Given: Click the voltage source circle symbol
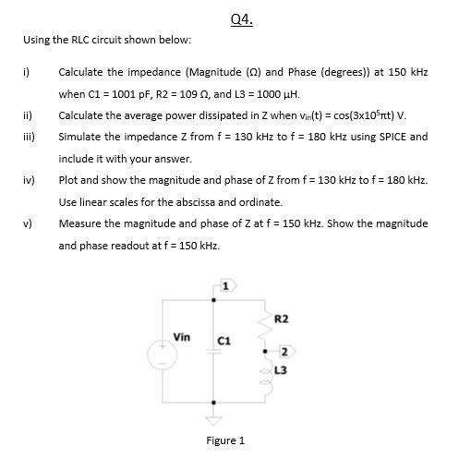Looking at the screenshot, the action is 166,354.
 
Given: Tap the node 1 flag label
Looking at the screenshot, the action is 223,287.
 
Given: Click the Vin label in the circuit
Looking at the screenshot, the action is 182,337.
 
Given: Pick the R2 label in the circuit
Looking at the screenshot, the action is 282,319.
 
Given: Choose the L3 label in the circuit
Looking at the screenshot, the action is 282,370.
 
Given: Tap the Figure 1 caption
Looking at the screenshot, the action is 225,440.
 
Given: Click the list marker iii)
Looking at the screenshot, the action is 27,136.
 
